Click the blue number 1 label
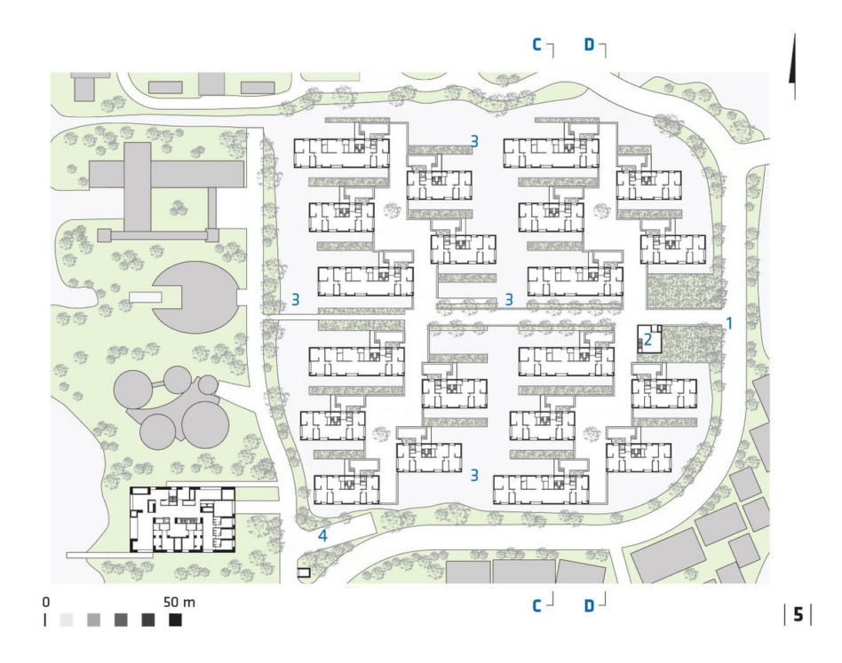click(728, 323)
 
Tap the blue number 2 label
click(647, 339)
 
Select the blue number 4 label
click(322, 535)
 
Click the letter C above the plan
click(537, 44)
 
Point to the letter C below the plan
click(537, 605)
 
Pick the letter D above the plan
click(590, 44)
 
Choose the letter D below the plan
click(590, 605)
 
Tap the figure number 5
click(798, 614)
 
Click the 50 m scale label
click(179, 602)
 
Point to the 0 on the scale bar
click(45, 602)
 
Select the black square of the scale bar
click(175, 620)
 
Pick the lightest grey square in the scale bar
click(67, 620)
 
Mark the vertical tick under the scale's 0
click(45, 620)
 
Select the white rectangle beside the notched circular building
click(145, 296)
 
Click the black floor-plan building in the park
click(183, 518)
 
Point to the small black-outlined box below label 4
click(304, 572)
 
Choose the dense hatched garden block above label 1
click(686, 291)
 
